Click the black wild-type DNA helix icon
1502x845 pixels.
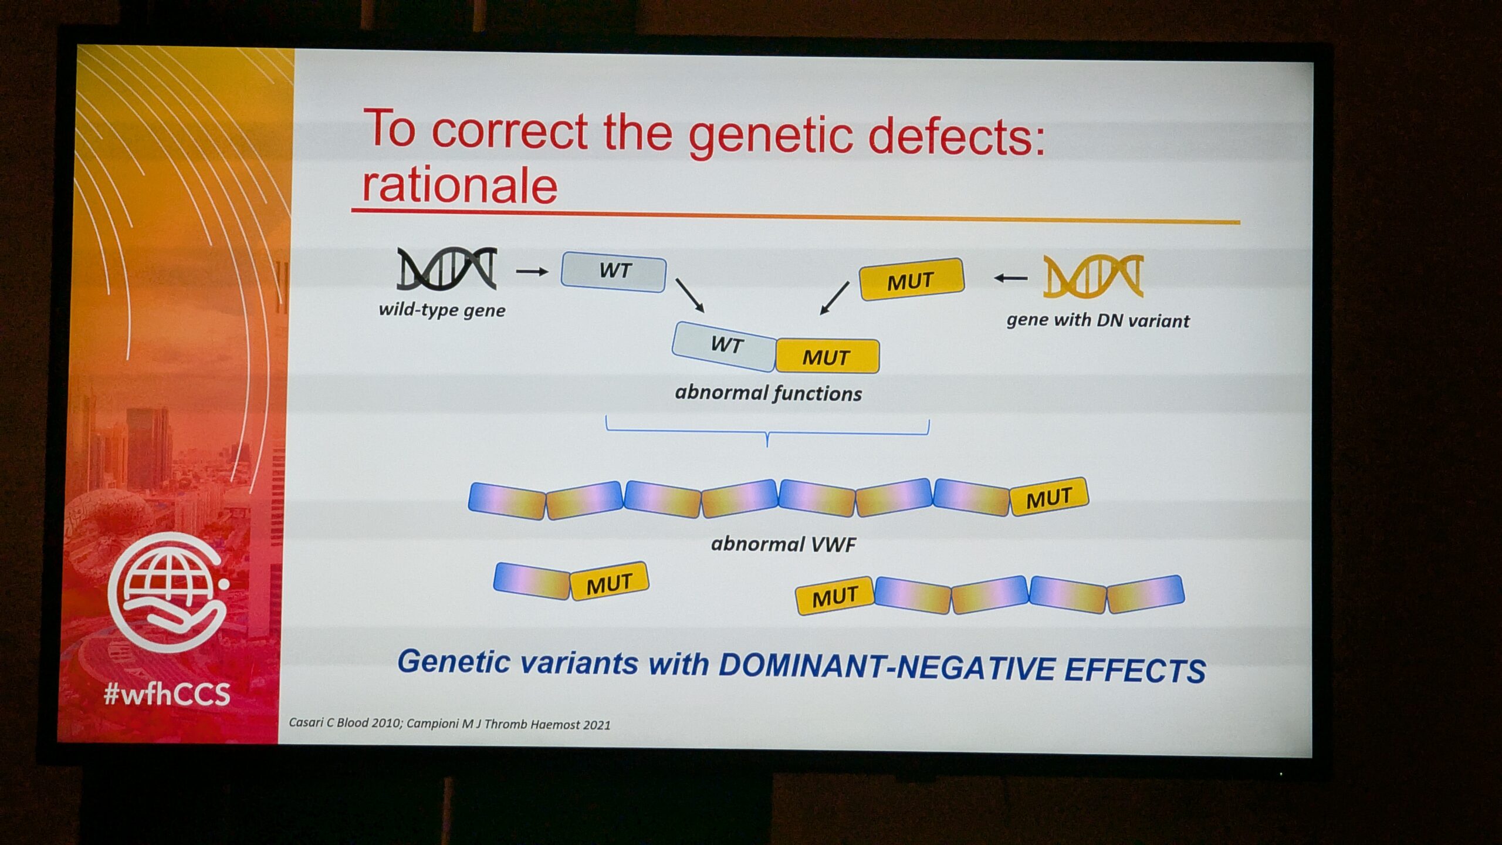pos(447,269)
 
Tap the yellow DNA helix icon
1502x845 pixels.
pos(1094,276)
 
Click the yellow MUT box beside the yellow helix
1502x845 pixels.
pos(912,279)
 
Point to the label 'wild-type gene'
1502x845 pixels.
pos(442,310)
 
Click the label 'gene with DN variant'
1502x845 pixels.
pos(1098,320)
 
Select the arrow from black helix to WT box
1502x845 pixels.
pos(532,272)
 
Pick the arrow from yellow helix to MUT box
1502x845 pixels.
pos(1010,278)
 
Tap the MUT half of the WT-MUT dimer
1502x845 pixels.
pos(827,356)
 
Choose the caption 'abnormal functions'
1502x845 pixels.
pos(769,393)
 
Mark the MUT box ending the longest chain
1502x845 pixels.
pos(1049,497)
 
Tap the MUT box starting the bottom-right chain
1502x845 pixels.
pos(835,596)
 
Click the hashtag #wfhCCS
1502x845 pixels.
pos(167,694)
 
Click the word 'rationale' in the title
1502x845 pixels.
pos(459,185)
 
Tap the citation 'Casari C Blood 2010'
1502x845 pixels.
pos(344,722)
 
